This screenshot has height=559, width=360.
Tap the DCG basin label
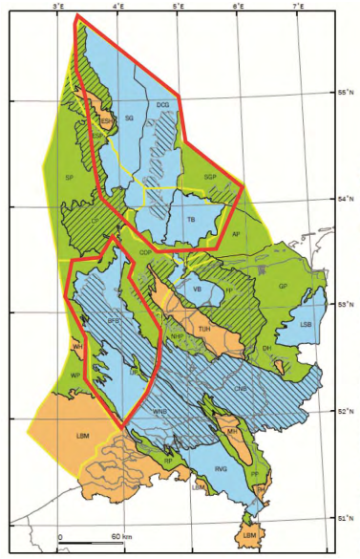(x=161, y=104)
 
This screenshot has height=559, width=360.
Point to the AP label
(x=235, y=233)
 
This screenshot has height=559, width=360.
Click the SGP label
(x=211, y=177)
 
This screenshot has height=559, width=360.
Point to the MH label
(x=232, y=431)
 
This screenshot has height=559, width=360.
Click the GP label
(x=283, y=286)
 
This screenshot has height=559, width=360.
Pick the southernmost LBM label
(x=249, y=535)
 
